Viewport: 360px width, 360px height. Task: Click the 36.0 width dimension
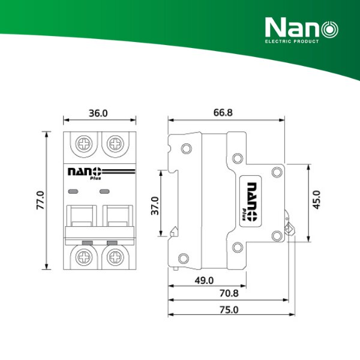(x=98, y=113)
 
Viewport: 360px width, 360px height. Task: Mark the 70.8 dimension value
(x=229, y=294)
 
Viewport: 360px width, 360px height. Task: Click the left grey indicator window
(x=74, y=191)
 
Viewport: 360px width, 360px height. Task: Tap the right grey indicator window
(x=106, y=191)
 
